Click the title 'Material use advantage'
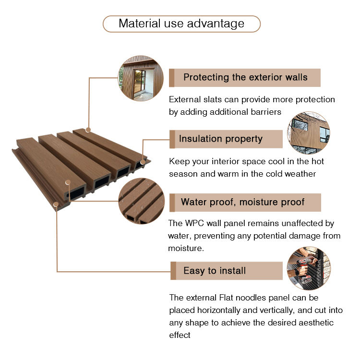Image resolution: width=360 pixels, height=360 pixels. click(x=181, y=24)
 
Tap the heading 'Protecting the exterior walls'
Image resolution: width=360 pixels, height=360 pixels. click(x=245, y=77)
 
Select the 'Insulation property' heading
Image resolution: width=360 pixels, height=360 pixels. click(x=221, y=139)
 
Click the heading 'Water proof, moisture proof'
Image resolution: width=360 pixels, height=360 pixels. click(x=242, y=202)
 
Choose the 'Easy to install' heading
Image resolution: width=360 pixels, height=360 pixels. click(x=215, y=271)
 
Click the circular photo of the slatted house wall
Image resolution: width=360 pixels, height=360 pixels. click(x=141, y=78)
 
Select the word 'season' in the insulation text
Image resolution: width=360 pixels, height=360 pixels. click(x=182, y=174)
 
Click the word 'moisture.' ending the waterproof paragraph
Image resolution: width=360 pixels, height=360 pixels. click(x=186, y=249)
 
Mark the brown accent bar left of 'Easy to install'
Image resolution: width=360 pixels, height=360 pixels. click(x=173, y=271)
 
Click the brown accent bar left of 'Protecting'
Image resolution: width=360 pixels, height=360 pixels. click(x=172, y=77)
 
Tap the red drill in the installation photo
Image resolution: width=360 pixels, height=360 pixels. click(x=303, y=266)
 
